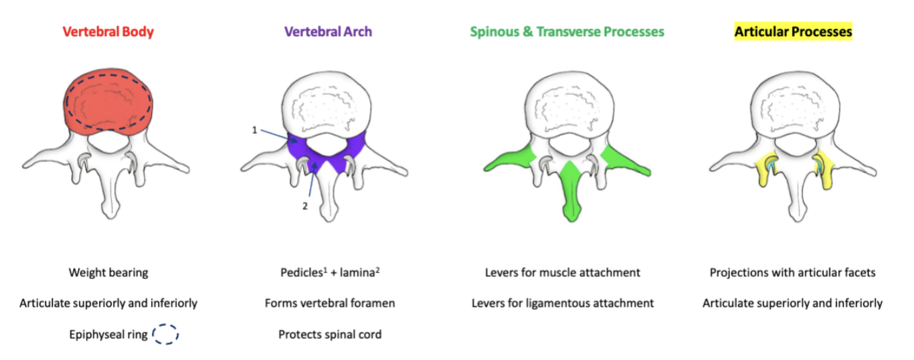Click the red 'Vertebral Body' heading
pyautogui.click(x=108, y=31)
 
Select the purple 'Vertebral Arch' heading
pyautogui.click(x=328, y=31)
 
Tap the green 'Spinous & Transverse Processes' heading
pyautogui.click(x=567, y=31)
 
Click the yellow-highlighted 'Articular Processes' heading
pyautogui.click(x=793, y=31)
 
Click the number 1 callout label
pyautogui.click(x=254, y=130)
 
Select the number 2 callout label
pyautogui.click(x=304, y=205)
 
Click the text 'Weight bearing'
pyautogui.click(x=108, y=272)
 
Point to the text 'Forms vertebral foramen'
pyautogui.click(x=330, y=303)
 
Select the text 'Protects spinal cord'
pyautogui.click(x=330, y=334)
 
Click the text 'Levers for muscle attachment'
pyautogui.click(x=562, y=272)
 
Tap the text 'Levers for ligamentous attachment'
pyautogui.click(x=562, y=303)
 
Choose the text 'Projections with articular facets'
pyautogui.click(x=792, y=272)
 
